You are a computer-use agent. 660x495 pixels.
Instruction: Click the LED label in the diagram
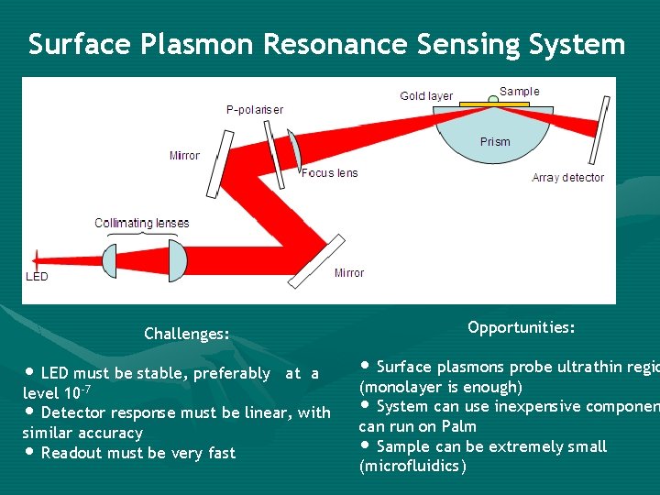37,276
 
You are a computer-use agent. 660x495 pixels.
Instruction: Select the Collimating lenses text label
142,223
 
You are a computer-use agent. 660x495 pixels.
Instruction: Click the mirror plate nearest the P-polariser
219,163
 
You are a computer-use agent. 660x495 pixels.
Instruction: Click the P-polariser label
255,110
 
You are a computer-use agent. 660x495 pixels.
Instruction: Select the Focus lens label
330,173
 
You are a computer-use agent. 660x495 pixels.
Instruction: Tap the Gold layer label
426,96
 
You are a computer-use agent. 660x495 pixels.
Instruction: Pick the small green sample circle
493,100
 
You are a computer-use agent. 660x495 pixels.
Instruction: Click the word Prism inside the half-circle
495,142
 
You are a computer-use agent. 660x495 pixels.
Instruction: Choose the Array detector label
567,178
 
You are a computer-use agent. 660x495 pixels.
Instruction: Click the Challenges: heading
187,334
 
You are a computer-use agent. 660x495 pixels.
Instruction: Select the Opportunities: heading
521,327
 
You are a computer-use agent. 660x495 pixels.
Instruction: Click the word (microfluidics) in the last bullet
412,467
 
